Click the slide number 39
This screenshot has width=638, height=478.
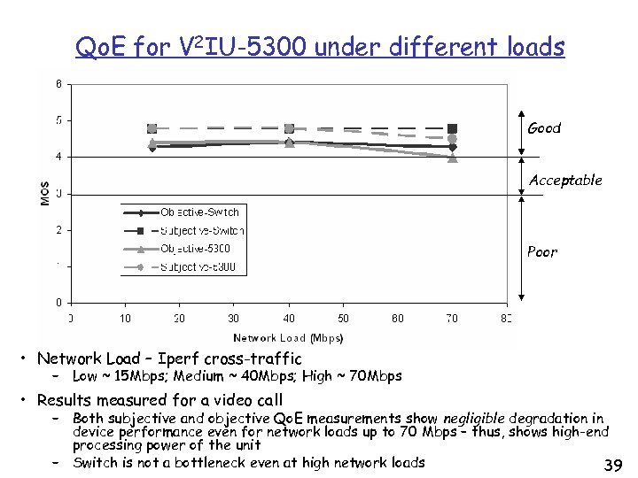click(611, 465)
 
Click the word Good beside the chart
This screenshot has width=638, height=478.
click(544, 128)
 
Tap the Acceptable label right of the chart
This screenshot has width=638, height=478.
click(565, 181)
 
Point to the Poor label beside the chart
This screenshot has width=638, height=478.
click(542, 252)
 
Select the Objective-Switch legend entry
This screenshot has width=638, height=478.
click(199, 212)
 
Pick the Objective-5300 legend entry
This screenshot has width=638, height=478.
click(195, 249)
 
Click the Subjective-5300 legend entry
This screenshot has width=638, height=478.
click(197, 267)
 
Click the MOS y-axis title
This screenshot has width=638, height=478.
click(45, 194)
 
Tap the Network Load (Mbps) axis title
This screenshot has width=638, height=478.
click(288, 337)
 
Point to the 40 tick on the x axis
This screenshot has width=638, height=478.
click(289, 318)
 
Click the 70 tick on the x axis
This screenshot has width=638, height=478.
click(452, 318)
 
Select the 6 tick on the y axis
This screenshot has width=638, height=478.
click(58, 85)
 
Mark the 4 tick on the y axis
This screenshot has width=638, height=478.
click(58, 157)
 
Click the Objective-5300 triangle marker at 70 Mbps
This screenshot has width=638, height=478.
click(453, 158)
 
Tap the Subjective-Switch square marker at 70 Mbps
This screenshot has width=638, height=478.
click(453, 128)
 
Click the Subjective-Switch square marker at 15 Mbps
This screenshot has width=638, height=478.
click(152, 129)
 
